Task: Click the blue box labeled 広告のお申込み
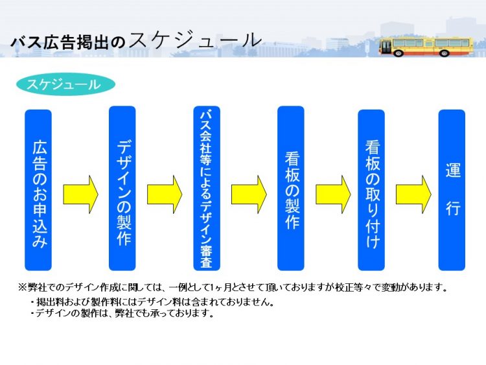38,190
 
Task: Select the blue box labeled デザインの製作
122,188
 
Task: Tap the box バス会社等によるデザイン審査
207,188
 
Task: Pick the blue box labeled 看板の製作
291,188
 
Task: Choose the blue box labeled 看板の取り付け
371,190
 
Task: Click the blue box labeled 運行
452,190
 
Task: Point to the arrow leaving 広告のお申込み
80,194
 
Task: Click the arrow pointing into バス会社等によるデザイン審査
165,194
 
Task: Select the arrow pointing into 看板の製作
249,194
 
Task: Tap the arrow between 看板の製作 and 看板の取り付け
333,194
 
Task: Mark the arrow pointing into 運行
413,194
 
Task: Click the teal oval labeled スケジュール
65,84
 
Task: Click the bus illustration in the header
426,47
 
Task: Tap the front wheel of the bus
399,53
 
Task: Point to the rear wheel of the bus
444,53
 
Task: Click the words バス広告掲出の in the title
68,43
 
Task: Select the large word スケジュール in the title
195,40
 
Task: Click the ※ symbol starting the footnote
23,287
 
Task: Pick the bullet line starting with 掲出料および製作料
152,301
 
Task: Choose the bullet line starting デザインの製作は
122,313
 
